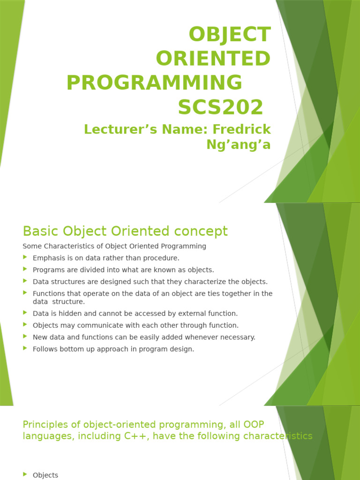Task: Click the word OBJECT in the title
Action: tap(229, 35)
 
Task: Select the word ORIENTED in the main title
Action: tap(213, 59)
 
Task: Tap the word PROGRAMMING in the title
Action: tap(154, 83)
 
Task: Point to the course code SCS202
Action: tap(220, 107)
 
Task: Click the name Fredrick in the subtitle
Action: tap(242, 129)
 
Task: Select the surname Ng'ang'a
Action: tap(239, 144)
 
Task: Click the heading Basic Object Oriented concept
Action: tap(125, 231)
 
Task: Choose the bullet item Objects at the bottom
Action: tap(45, 475)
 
